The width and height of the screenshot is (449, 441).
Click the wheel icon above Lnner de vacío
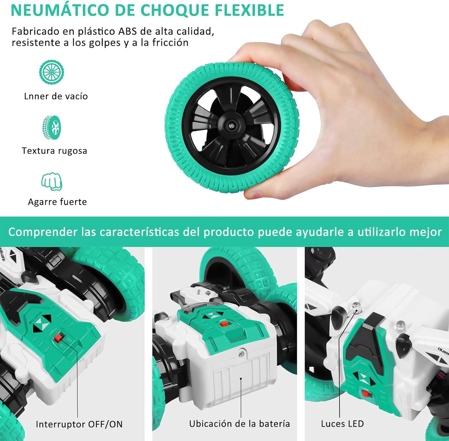pyautogui.click(x=52, y=72)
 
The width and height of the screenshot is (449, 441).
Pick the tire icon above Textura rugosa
pyautogui.click(x=52, y=127)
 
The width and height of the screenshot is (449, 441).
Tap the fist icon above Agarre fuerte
pyautogui.click(x=52, y=181)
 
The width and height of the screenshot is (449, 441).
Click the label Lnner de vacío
pyautogui.click(x=56, y=96)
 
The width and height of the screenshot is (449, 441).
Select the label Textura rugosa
pyautogui.click(x=54, y=151)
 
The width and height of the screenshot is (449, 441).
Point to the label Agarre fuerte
pyautogui.click(x=57, y=202)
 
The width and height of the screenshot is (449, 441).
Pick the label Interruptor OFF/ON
pyautogui.click(x=79, y=424)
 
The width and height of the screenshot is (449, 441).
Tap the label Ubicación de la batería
pyautogui.click(x=239, y=424)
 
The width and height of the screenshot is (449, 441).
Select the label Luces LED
pyautogui.click(x=342, y=424)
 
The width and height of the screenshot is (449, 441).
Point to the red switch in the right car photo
pyautogui.click(x=366, y=394)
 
